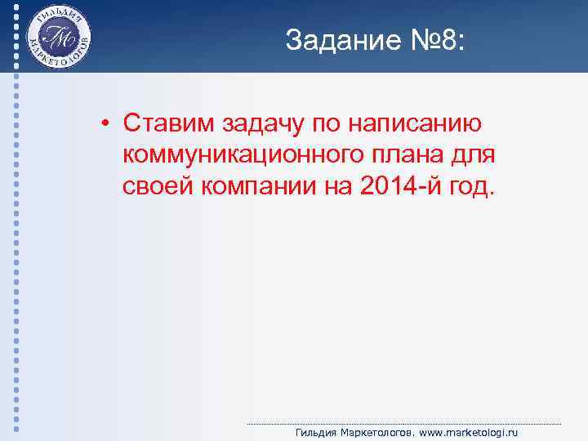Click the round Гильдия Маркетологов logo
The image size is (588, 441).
click(58, 37)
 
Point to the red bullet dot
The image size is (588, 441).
click(106, 124)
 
